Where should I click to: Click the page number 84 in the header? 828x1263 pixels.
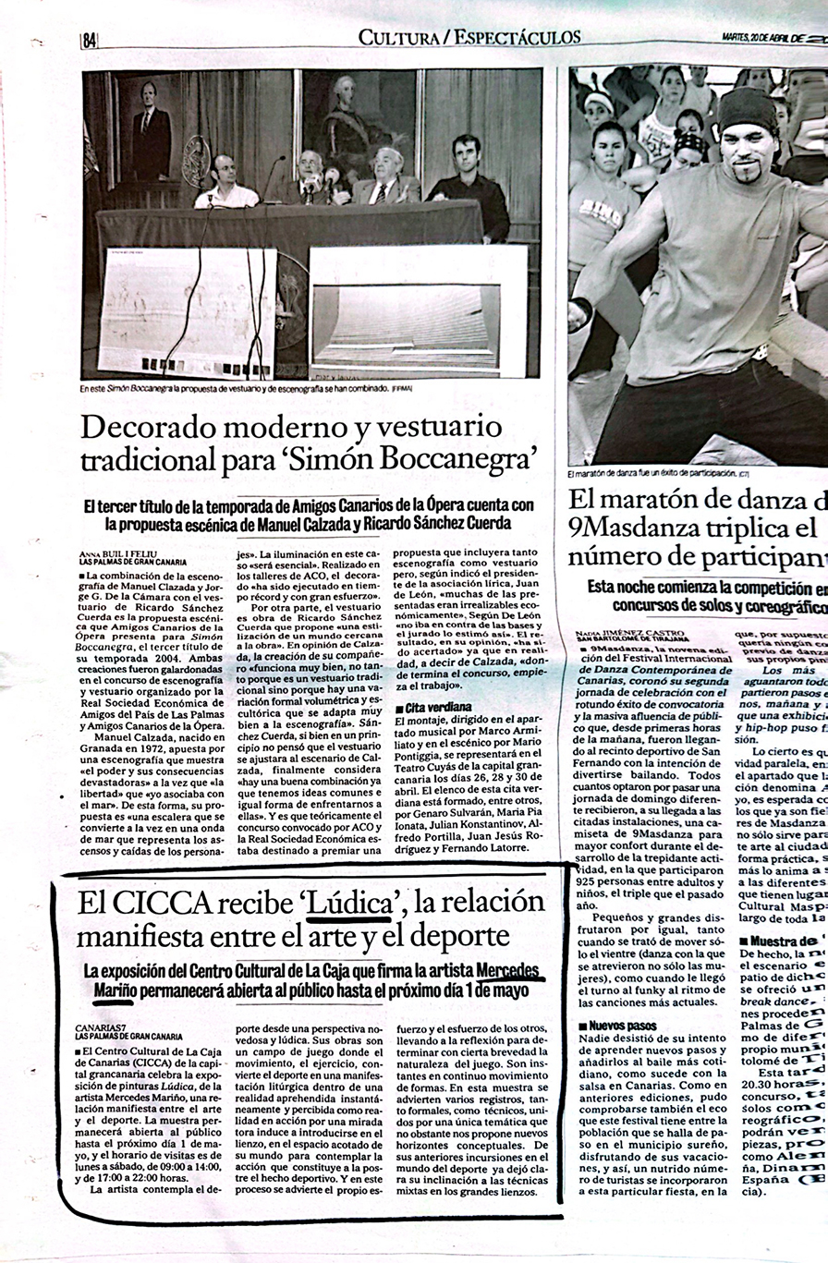pyautogui.click(x=90, y=41)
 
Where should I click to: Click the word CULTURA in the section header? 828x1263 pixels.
pyautogui.click(x=396, y=38)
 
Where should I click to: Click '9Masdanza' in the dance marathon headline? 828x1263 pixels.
pyautogui.click(x=631, y=529)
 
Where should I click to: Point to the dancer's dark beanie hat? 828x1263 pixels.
pyautogui.click(x=748, y=111)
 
